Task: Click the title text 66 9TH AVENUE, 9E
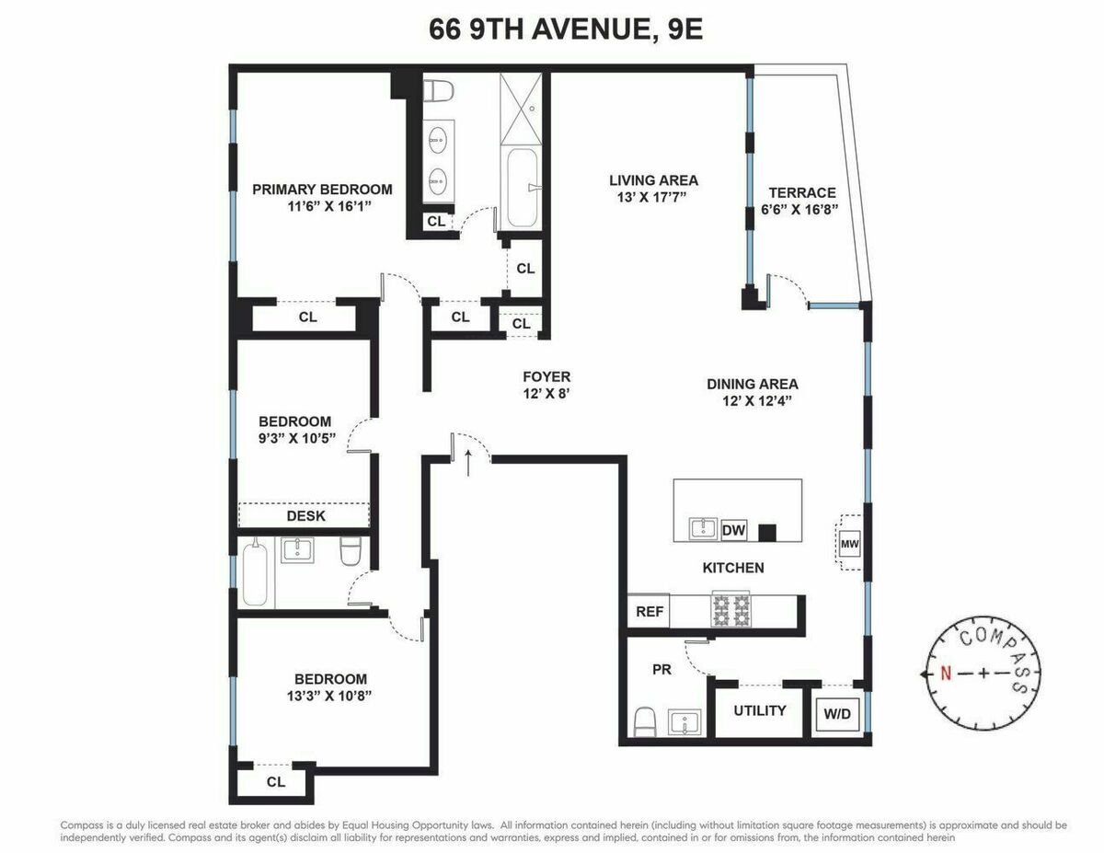565,29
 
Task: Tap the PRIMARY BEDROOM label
322,190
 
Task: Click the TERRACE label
802,192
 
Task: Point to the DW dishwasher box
733,530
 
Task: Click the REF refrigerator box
650,610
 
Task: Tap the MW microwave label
848,544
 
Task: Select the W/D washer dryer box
837,711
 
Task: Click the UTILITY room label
759,710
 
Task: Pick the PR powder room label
661,670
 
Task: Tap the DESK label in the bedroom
305,515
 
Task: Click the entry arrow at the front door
469,462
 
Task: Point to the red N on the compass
945,674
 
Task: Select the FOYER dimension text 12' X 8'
546,393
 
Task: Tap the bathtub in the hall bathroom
255,575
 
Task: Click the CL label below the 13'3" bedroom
276,782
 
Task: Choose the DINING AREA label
753,384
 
